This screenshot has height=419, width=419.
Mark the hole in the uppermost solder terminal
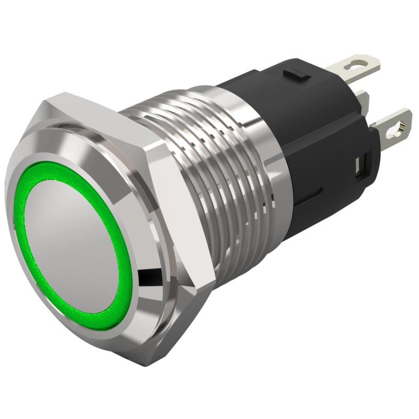pos(360,65)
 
